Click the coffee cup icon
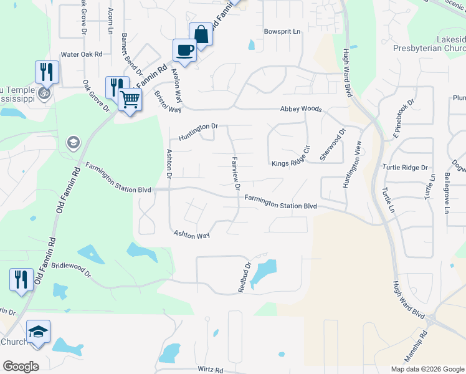pyautogui.click(x=184, y=50)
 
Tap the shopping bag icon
pyautogui.click(x=201, y=34)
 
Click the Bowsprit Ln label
pyautogui.click(x=282, y=31)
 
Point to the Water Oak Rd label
pyautogui.click(x=81, y=54)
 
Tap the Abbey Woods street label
pyautogui.click(x=301, y=108)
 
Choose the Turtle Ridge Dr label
pyautogui.click(x=406, y=168)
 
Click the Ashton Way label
pyautogui.click(x=191, y=234)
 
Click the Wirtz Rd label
pyautogui.click(x=210, y=370)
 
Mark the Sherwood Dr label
pyautogui.click(x=332, y=145)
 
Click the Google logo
pyautogui.click(x=20, y=366)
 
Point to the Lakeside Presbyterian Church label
pyautogui.click(x=429, y=43)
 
